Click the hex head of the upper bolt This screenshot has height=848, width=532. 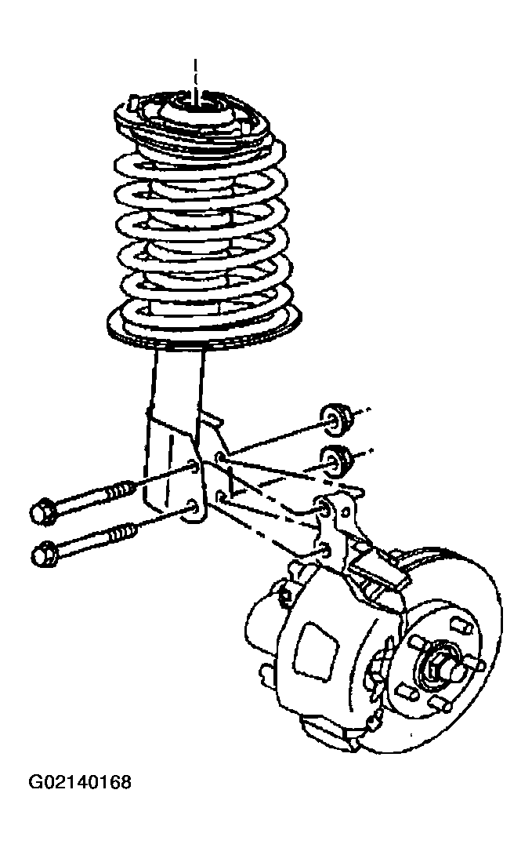click(42, 511)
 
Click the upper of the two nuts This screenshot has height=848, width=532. click(335, 419)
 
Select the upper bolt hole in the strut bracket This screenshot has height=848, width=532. click(192, 464)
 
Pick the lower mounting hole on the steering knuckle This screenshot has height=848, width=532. click(324, 551)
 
